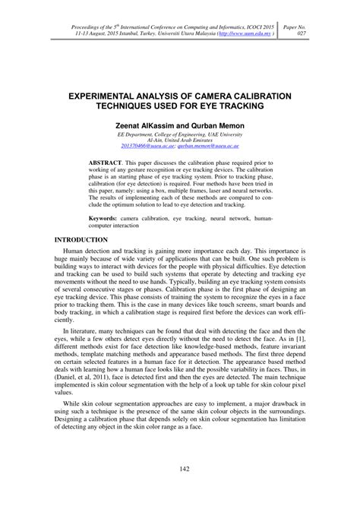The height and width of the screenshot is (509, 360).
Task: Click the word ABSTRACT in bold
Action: (x=108, y=163)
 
